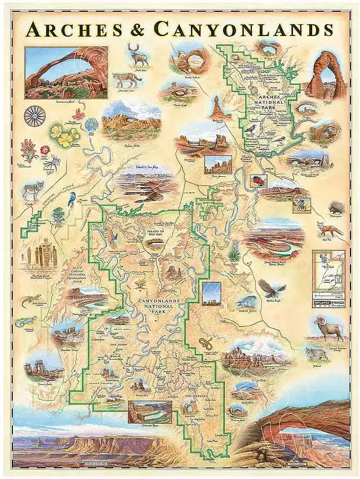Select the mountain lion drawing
point(128,79)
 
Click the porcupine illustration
point(336,206)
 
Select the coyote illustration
point(33,189)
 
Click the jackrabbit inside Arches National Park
point(254,88)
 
